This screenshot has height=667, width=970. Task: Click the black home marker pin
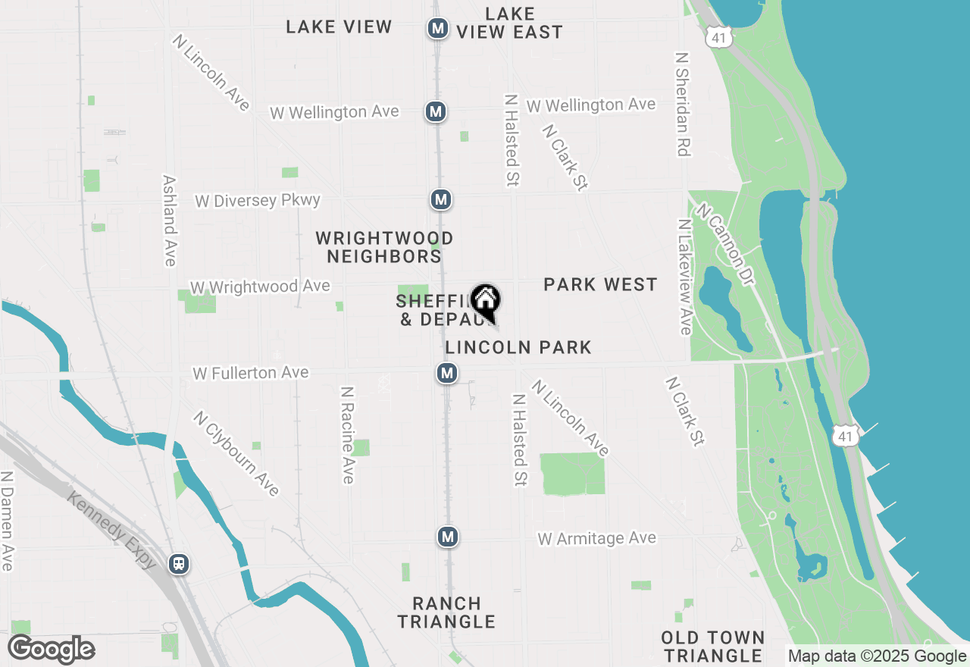click(485, 301)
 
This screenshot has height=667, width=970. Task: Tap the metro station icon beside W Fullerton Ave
click(447, 373)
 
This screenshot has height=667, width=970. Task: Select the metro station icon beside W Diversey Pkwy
click(441, 200)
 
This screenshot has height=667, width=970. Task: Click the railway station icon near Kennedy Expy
click(180, 564)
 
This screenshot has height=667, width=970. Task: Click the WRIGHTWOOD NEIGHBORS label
click(385, 248)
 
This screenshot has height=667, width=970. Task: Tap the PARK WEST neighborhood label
click(600, 284)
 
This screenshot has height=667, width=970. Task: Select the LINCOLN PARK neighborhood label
click(518, 347)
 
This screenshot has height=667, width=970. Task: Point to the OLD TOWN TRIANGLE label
click(712, 646)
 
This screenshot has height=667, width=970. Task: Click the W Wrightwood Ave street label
click(260, 287)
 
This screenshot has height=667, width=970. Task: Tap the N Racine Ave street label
click(347, 435)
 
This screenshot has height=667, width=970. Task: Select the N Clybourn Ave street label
click(236, 453)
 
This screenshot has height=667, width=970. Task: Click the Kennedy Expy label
click(112, 531)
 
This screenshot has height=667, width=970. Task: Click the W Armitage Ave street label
click(597, 538)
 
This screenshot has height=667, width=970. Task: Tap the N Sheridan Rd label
click(682, 105)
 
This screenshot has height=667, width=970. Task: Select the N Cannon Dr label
click(726, 244)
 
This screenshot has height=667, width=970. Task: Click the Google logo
click(52, 650)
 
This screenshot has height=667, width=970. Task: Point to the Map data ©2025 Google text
click(876, 656)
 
